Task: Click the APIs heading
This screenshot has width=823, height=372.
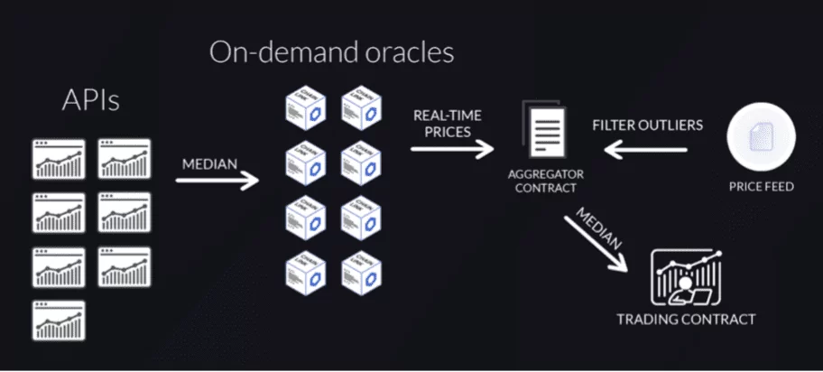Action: (x=90, y=101)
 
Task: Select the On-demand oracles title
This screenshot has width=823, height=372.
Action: (x=331, y=53)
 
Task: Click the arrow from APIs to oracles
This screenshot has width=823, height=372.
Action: (x=217, y=181)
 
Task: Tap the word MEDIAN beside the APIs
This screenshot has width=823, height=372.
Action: (x=210, y=165)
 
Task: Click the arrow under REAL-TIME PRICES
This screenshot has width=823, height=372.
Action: (x=452, y=147)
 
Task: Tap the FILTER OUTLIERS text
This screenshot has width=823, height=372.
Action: (x=647, y=126)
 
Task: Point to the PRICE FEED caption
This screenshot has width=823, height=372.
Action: (x=760, y=188)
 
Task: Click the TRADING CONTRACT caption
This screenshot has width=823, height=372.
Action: (x=686, y=319)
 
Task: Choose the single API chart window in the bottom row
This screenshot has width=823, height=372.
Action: (x=59, y=320)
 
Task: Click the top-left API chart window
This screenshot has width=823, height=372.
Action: (x=59, y=159)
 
